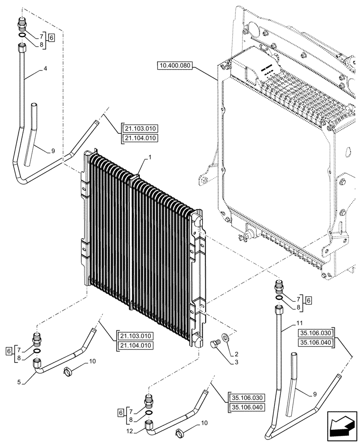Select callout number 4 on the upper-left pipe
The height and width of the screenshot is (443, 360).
tap(45, 69)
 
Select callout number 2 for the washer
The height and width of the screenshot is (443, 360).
tap(236, 354)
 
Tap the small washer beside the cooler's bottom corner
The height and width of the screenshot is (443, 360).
tap(227, 338)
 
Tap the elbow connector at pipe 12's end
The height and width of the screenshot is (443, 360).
tap(150, 426)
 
